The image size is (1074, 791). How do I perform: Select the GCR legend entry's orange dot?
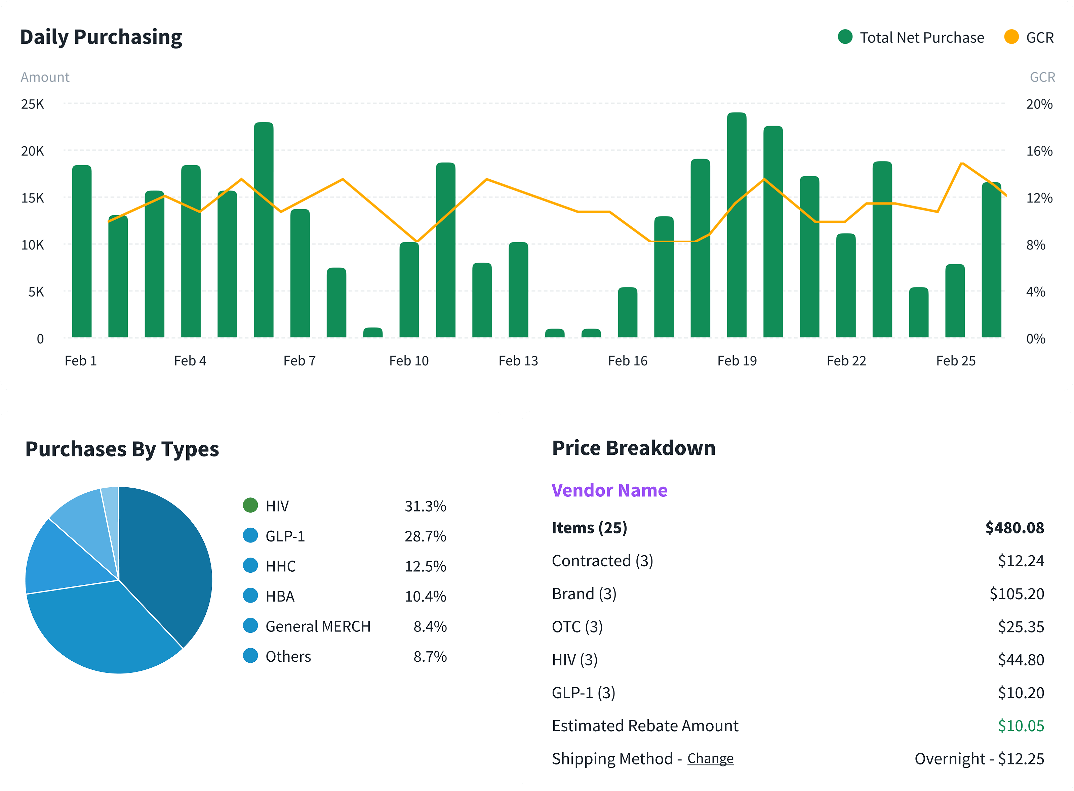pos(1011,37)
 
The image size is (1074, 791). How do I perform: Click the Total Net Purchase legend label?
pos(922,37)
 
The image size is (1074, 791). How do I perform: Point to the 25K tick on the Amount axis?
pos(32,104)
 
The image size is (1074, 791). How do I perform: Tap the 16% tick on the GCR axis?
pos(1039,151)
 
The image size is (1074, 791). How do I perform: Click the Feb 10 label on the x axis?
pos(408,360)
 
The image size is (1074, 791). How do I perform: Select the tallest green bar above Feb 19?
pos(737,225)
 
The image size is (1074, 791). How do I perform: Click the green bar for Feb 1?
pos(81,251)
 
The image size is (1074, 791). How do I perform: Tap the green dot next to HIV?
pos(250,505)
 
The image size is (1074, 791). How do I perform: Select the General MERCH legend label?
pos(318,626)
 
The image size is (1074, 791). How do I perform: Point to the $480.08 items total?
pos(1014,528)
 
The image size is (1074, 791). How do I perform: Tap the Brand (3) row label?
pos(584,594)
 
